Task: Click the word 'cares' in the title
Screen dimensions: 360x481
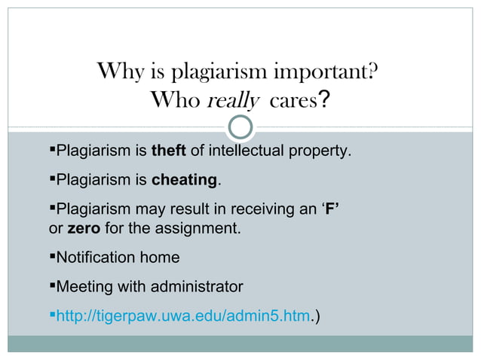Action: coord(289,100)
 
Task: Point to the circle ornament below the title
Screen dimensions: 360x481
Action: coord(240,127)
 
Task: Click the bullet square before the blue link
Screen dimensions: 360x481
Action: coord(52,316)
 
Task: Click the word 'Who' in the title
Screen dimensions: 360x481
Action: coord(175,100)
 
